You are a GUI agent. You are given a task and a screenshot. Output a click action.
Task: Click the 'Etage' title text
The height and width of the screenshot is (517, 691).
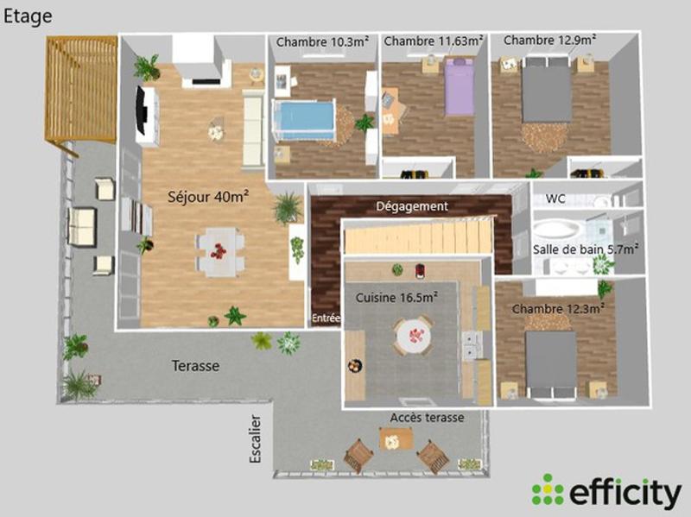tap(28, 16)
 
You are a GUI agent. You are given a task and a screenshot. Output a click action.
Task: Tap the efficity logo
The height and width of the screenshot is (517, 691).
tap(605, 491)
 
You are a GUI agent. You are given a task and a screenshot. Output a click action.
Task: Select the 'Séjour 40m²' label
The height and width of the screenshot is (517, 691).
tap(208, 197)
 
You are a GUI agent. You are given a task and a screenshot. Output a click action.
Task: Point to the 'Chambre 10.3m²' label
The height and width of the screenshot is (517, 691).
tap(322, 41)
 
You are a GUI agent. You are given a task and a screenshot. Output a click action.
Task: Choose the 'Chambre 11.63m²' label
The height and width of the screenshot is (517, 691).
tap(434, 41)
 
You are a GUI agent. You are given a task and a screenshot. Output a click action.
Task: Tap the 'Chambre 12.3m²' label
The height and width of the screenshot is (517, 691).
tap(557, 307)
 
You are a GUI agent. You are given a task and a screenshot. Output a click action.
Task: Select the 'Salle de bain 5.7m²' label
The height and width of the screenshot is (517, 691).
tap(586, 249)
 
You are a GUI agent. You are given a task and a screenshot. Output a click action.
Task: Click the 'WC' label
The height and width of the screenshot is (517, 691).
tap(555, 199)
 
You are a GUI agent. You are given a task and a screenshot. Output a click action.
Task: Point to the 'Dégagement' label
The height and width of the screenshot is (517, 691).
tap(411, 206)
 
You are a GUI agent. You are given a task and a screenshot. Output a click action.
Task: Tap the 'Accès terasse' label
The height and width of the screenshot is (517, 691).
tap(427, 417)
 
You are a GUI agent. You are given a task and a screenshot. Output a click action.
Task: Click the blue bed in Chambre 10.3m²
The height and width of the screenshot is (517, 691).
tap(304, 119)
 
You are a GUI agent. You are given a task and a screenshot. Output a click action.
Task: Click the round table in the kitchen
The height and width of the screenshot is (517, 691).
tap(413, 334)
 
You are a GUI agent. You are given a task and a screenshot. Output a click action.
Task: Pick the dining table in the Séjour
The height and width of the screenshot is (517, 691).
tap(219, 251)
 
